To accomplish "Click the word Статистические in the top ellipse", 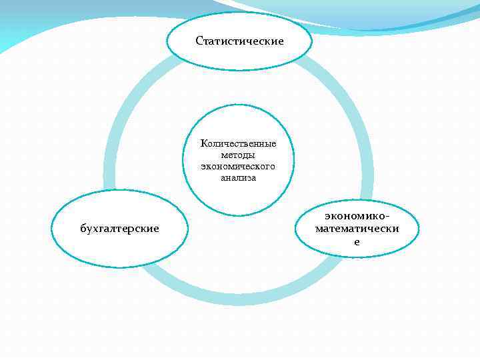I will pos(239,41).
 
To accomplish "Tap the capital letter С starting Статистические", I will pos(199,41).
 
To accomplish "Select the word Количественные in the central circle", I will pos(238,143).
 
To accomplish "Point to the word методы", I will pos(238,155).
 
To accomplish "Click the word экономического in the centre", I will pos(238,166).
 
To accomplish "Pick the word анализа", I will pos(238,177).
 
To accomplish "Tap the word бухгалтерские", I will pos(119,229).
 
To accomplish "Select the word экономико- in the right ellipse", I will pos(357,216).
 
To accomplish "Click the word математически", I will pos(357,229).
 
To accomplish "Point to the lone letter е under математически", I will pos(357,241).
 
